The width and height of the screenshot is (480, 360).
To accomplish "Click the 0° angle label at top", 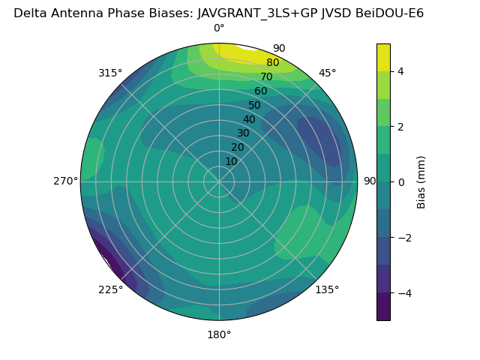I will click(x=219, y=28).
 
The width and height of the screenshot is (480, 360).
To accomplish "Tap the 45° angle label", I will click(x=327, y=73).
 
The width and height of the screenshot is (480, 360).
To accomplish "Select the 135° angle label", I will click(x=327, y=289).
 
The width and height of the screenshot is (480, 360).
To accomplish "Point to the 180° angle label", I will click(x=219, y=334).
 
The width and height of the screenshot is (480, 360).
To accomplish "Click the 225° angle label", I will click(x=110, y=289).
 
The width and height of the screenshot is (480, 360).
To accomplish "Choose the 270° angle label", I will click(x=65, y=181).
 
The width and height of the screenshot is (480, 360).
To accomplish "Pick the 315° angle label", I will click(x=110, y=73).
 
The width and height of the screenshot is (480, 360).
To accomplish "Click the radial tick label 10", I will click(x=231, y=161).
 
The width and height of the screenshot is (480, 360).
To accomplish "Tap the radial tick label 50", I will click(x=254, y=105).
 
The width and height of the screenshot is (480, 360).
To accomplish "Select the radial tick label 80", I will click(x=272, y=62).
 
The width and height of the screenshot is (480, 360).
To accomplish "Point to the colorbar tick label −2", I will click(x=404, y=238).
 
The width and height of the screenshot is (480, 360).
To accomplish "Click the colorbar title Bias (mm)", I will click(x=421, y=181).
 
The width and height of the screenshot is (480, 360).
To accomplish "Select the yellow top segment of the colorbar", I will click(x=383, y=57).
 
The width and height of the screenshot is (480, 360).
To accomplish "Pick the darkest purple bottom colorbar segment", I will click(x=383, y=307).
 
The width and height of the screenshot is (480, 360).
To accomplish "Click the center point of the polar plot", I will click(x=219, y=181).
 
